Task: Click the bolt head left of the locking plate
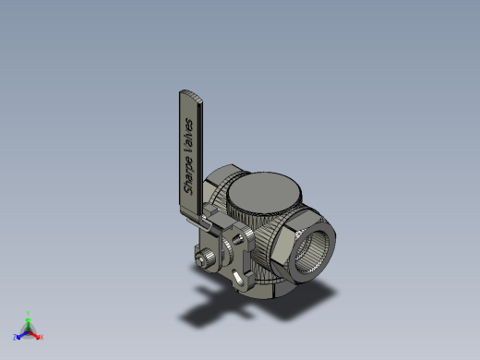click(x=204, y=261)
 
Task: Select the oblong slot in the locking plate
click(x=240, y=276)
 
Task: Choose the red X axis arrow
click(x=36, y=336)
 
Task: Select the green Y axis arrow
click(x=29, y=322)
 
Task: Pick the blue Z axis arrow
click(x=21, y=334)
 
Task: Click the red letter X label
click(x=42, y=337)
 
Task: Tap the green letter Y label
click(x=29, y=313)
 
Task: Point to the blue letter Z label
click(x=16, y=337)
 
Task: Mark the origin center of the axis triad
click(x=29, y=331)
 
